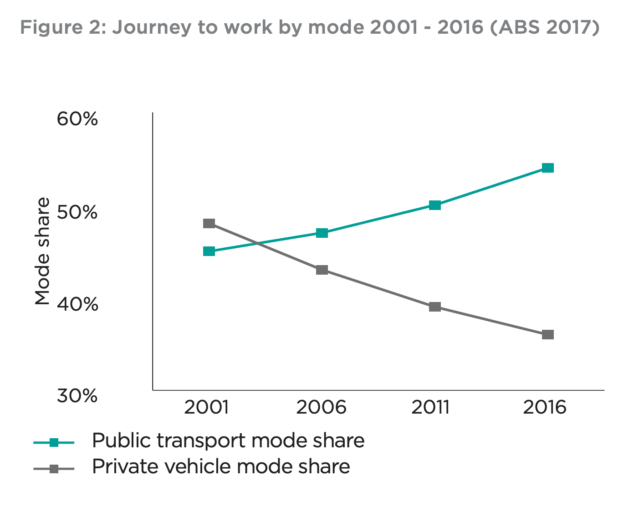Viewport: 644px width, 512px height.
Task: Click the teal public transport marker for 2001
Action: pyautogui.click(x=209, y=251)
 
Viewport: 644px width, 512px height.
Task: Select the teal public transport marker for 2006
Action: pyautogui.click(x=322, y=233)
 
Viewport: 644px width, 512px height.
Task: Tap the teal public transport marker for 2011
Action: pyautogui.click(x=435, y=205)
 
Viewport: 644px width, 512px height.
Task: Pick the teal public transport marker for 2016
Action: pyautogui.click(x=548, y=168)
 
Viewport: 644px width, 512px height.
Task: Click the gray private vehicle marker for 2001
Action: pyautogui.click(x=209, y=223)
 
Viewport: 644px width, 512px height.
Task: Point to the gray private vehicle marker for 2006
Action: pyautogui.click(x=322, y=270)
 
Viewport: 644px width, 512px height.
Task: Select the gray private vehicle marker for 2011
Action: pyautogui.click(x=435, y=307)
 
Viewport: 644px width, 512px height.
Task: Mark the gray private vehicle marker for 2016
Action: pyautogui.click(x=548, y=334)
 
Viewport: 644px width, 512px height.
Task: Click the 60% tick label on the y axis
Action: pyautogui.click(x=77, y=119)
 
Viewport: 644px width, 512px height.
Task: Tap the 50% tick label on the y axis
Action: pyautogui.click(x=77, y=212)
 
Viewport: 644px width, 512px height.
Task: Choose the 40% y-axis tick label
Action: pyautogui.click(x=77, y=304)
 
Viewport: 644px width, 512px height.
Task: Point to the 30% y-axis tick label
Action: pyautogui.click(x=77, y=396)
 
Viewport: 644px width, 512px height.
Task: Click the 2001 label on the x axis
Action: pyautogui.click(x=206, y=407)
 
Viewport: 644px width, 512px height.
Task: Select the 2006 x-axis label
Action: pyautogui.click(x=321, y=407)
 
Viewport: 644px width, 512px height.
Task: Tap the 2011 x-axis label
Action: pyautogui.click(x=430, y=407)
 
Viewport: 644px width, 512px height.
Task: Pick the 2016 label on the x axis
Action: pyautogui.click(x=545, y=407)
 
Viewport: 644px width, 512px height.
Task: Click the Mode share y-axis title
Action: pyautogui.click(x=42, y=251)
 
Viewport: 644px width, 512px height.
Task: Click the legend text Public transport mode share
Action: pyautogui.click(x=228, y=440)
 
